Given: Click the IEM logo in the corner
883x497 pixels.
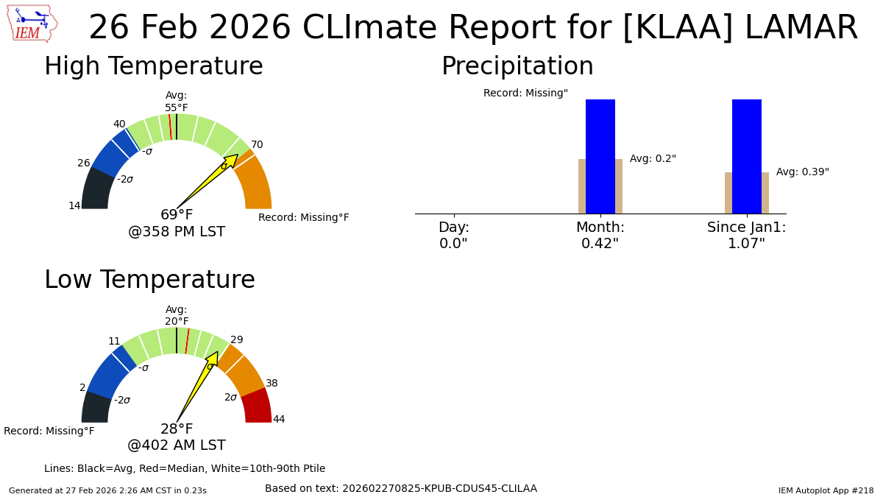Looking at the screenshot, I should click(32, 24).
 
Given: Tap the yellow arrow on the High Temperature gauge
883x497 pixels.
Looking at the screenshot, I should click(209, 180).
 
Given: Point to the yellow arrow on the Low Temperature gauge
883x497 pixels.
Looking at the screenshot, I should click(197, 386).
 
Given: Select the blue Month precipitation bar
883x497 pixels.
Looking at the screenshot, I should click(600, 156).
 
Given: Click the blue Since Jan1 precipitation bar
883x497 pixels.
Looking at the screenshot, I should click(747, 156).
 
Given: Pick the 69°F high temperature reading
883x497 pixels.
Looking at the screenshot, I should click(177, 215).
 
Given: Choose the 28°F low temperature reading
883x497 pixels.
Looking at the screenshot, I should click(177, 429).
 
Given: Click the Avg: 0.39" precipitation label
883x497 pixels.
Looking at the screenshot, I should click(802, 172).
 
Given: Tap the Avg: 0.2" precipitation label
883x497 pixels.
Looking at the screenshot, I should click(653, 159).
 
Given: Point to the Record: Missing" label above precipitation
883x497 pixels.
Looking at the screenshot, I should click(525, 94).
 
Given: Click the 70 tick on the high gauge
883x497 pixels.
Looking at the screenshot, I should click(257, 145).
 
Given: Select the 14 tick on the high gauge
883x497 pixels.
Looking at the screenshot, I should click(74, 206).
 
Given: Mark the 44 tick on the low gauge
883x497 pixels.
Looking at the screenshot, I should click(279, 420).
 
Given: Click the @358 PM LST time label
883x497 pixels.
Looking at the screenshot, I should click(177, 232).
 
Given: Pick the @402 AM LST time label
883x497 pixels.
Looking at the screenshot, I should click(177, 445).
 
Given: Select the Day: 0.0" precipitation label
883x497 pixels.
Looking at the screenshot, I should click(454, 236).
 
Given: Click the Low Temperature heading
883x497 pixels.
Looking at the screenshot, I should click(149, 281).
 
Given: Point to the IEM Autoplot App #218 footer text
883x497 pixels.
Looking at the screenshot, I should click(826, 490).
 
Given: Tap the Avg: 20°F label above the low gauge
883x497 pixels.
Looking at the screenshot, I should click(177, 316).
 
